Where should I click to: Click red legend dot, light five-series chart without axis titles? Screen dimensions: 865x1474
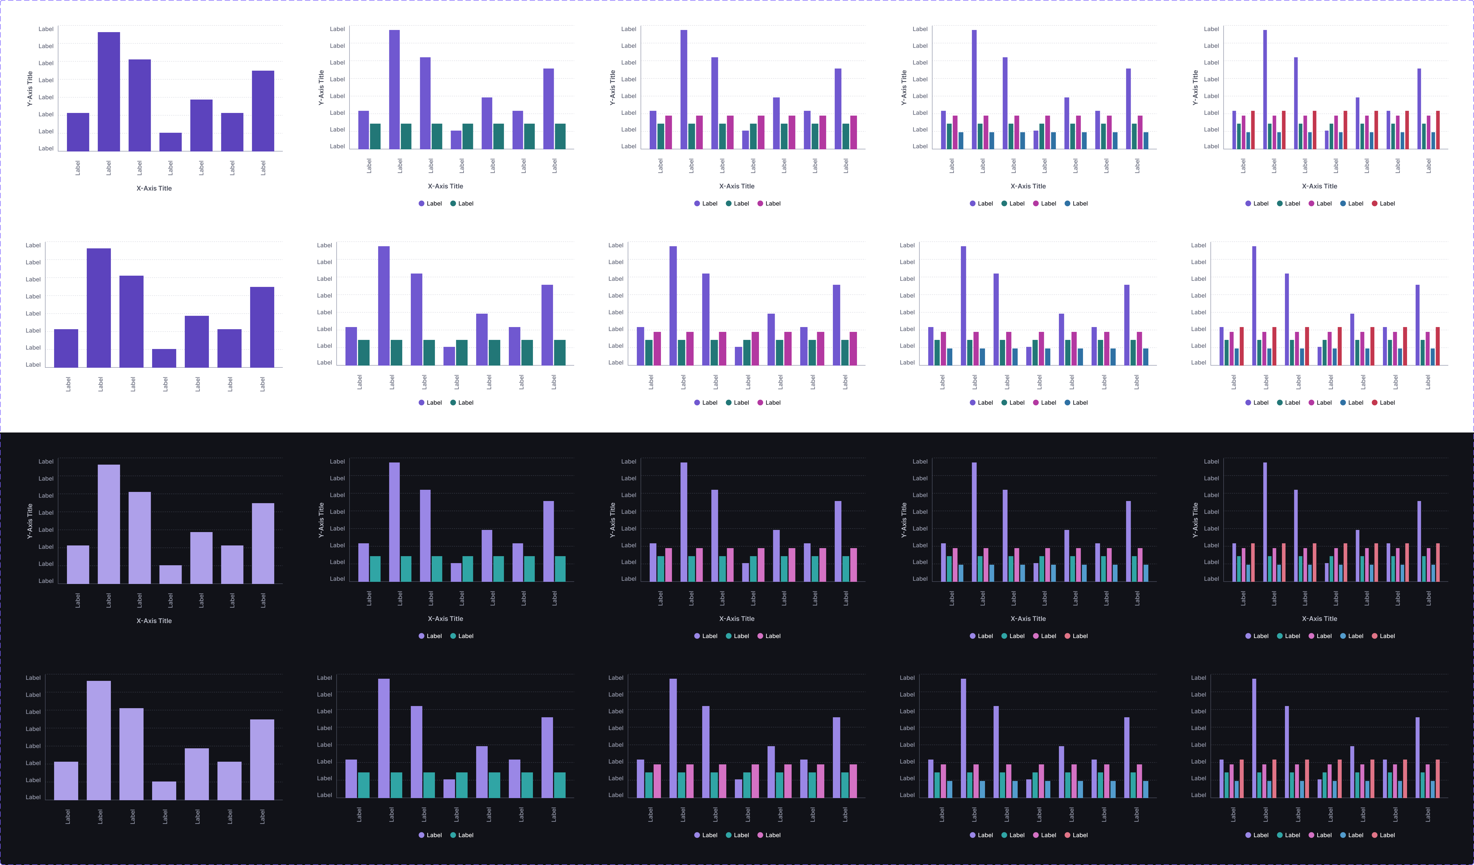click(x=1375, y=403)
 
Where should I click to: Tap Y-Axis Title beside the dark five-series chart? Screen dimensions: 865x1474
click(x=1195, y=520)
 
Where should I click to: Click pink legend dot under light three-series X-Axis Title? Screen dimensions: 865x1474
click(x=760, y=203)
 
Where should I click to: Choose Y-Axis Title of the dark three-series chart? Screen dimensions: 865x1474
click(x=612, y=520)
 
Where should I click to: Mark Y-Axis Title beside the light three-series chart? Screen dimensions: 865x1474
click(x=612, y=88)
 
